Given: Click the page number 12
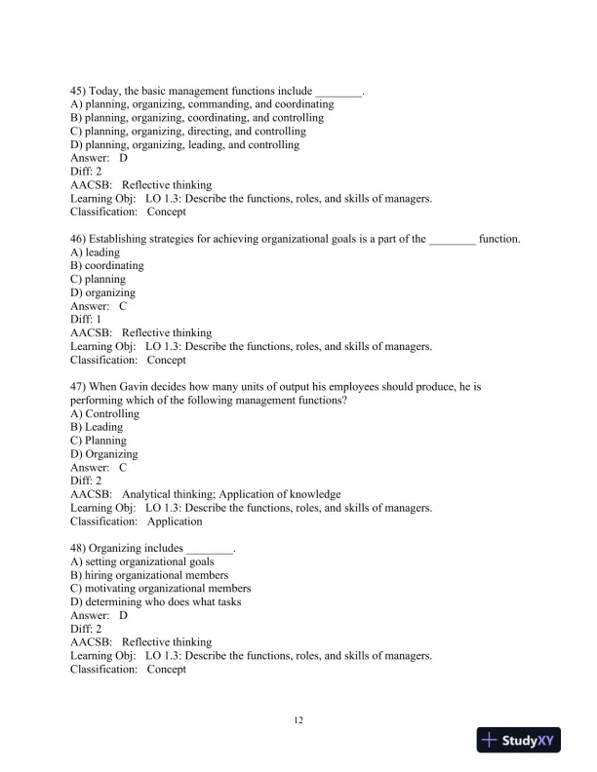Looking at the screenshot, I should [x=298, y=720].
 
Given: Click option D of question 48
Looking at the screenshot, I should [x=156, y=602].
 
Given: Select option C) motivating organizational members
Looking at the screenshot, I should [x=160, y=589].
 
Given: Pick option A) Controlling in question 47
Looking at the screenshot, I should [x=105, y=413].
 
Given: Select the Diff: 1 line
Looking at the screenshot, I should [x=87, y=319].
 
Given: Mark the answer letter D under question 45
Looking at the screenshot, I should [x=123, y=158].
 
